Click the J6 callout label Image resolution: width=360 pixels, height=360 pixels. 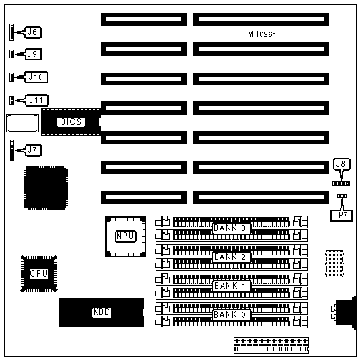(x=33, y=32)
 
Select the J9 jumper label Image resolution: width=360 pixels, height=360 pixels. (x=33, y=54)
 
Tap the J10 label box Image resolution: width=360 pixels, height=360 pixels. (x=36, y=77)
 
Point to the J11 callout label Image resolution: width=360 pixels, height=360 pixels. (x=36, y=100)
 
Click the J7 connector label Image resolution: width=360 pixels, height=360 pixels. (x=34, y=150)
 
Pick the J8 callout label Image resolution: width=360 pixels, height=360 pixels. (x=341, y=164)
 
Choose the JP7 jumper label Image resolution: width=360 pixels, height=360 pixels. (x=341, y=216)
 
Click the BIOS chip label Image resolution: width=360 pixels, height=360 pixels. (x=71, y=122)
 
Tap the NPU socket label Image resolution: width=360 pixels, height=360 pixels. (x=126, y=236)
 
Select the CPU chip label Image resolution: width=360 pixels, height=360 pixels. (x=39, y=273)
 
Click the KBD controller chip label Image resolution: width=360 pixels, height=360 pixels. (x=101, y=312)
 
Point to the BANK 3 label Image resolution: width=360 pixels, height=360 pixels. (x=230, y=228)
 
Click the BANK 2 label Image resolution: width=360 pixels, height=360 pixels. (x=230, y=257)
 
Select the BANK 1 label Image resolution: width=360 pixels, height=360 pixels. (x=230, y=286)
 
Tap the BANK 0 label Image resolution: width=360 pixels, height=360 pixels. (x=230, y=314)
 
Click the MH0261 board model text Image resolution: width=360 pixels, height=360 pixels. (x=262, y=34)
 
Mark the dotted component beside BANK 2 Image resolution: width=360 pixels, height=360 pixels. (x=334, y=263)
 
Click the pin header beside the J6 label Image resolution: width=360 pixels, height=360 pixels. (x=11, y=32)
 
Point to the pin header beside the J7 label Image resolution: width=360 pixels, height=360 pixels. (x=12, y=150)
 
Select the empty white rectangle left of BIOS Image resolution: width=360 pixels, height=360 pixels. (x=23, y=123)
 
